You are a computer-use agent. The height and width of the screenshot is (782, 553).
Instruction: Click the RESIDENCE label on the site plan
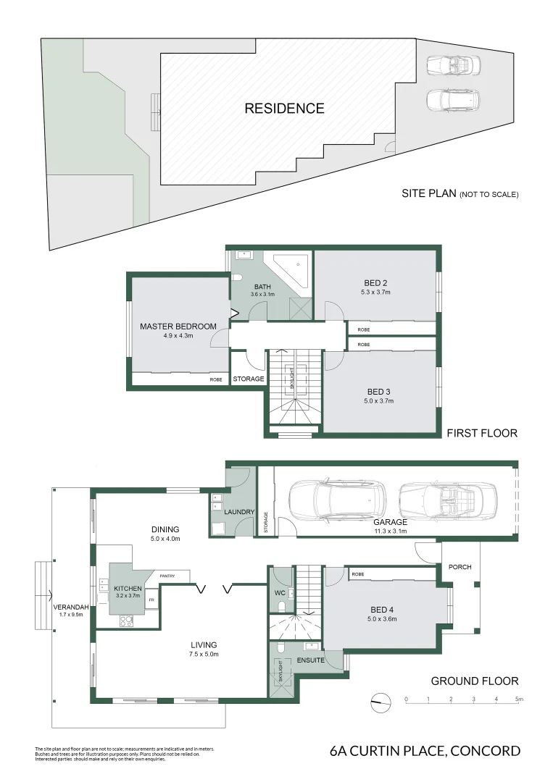pyautogui.click(x=284, y=109)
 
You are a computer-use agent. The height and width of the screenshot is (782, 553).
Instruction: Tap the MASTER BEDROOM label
pyautogui.click(x=178, y=327)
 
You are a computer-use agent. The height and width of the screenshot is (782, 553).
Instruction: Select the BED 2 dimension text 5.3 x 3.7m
pyautogui.click(x=375, y=293)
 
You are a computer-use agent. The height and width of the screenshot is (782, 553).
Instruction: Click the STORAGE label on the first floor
pyautogui.click(x=248, y=379)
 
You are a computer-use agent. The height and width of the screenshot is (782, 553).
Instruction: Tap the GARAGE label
pyautogui.click(x=391, y=521)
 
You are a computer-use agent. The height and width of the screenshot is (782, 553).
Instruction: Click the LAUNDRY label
pyautogui.click(x=240, y=513)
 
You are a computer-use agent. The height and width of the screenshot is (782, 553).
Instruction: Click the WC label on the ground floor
pyautogui.click(x=279, y=593)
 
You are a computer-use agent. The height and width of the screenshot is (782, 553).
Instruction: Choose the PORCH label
pyautogui.click(x=460, y=566)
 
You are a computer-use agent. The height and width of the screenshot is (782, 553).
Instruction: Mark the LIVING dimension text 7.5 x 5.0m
pyautogui.click(x=203, y=654)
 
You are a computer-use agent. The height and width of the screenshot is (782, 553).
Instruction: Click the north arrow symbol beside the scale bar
pyautogui.click(x=375, y=699)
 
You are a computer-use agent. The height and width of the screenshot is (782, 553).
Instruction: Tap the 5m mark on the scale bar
pyautogui.click(x=518, y=699)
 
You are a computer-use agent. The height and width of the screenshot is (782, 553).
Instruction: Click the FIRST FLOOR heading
pyautogui.click(x=481, y=433)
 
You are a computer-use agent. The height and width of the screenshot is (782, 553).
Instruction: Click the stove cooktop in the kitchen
pyautogui.click(x=126, y=620)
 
